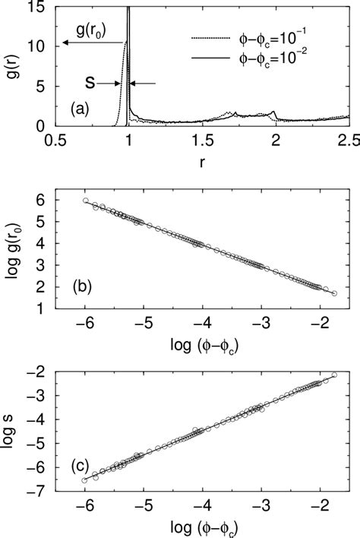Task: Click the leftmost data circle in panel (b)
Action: pos(85,201)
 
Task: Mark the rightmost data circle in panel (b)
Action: pos(334,293)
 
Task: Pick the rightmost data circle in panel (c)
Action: pos(334,375)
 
